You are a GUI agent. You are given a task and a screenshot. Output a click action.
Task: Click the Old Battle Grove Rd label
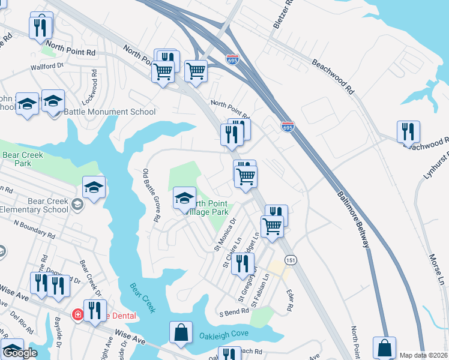(150, 196)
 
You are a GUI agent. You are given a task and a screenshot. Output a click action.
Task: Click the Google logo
(20, 353)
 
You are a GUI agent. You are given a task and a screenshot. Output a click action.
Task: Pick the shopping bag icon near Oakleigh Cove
(181, 333)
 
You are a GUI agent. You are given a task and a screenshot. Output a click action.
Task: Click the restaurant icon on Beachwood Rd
(408, 131)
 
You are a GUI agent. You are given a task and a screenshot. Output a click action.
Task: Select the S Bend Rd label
(234, 313)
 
